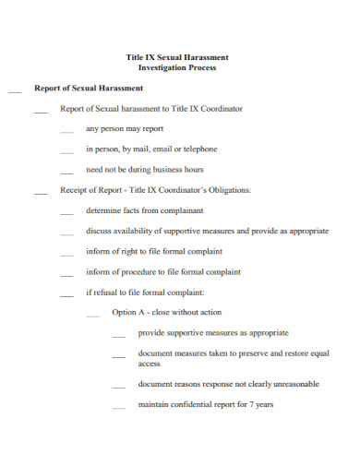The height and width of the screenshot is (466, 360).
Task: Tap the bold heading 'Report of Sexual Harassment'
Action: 89,89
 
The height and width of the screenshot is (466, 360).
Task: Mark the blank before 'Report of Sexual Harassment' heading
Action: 14,91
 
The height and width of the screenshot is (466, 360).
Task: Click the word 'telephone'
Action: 199,149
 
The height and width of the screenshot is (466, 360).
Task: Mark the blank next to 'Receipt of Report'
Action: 41,194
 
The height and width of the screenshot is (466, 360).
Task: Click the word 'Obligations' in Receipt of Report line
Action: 228,191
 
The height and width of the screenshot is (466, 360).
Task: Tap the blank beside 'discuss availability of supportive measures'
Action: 66,234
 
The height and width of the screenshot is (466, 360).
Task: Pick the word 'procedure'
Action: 140,272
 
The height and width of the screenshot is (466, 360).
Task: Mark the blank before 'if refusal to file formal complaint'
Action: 66,295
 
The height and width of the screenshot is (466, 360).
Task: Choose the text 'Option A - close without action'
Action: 166,313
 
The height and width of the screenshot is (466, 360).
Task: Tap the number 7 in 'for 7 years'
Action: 248,404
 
